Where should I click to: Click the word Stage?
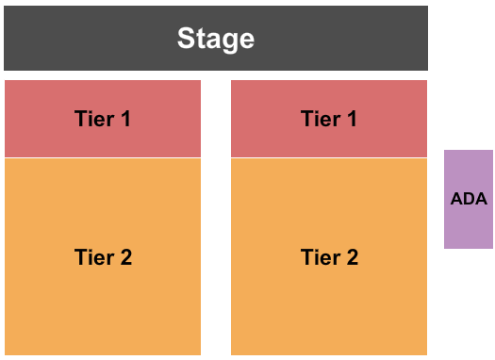coord(216,39)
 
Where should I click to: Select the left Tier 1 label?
coord(103,119)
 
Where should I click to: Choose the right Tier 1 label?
coord(329,119)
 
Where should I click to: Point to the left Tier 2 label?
coord(103,256)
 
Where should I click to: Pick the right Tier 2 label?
coord(329,256)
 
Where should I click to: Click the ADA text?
coord(469,199)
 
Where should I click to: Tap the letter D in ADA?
coord(469,199)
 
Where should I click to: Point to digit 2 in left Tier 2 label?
coord(125,256)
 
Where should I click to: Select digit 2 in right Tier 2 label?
coord(352,256)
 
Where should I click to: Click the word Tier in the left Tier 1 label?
coord(92,119)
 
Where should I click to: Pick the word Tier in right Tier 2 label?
coord(319,256)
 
